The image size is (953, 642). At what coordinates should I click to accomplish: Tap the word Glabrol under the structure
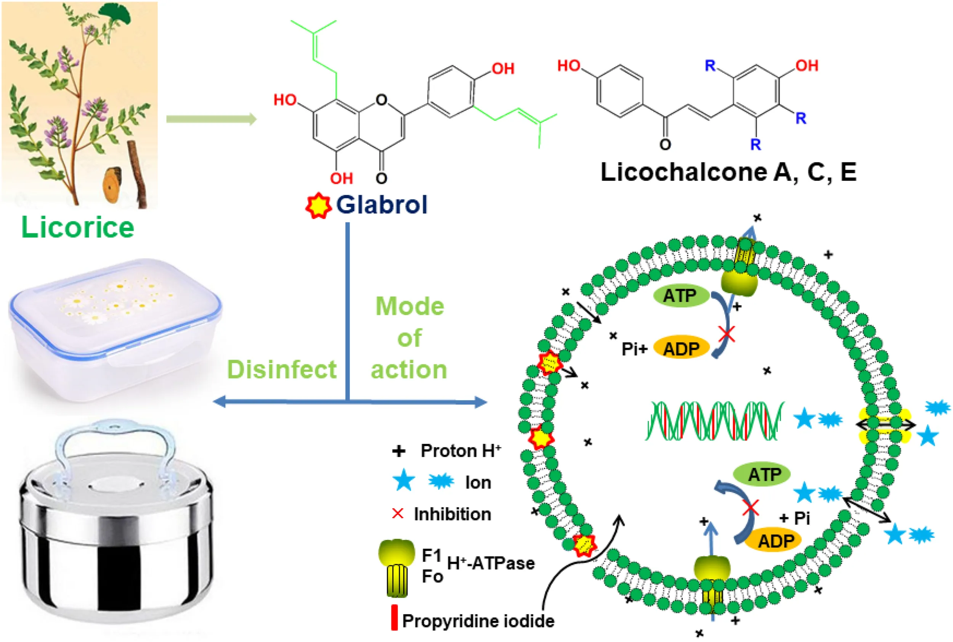click(x=381, y=204)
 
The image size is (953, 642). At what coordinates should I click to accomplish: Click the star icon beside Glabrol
click(x=318, y=206)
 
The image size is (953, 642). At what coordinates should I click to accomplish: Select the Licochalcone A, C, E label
click(x=728, y=172)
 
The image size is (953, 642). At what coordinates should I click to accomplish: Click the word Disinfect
click(x=282, y=369)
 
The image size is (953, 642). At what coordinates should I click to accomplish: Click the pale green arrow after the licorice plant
click(x=211, y=119)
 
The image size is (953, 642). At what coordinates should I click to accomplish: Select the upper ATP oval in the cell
click(x=680, y=295)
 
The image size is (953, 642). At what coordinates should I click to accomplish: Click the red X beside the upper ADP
click(x=727, y=334)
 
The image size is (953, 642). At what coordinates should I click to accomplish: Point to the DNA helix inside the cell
click(x=714, y=421)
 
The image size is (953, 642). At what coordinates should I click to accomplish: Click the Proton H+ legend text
click(x=460, y=451)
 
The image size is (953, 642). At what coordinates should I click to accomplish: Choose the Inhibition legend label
click(x=452, y=514)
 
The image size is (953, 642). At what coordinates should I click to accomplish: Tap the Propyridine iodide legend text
click(x=478, y=621)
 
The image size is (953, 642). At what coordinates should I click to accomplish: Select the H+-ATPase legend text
click(x=491, y=563)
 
